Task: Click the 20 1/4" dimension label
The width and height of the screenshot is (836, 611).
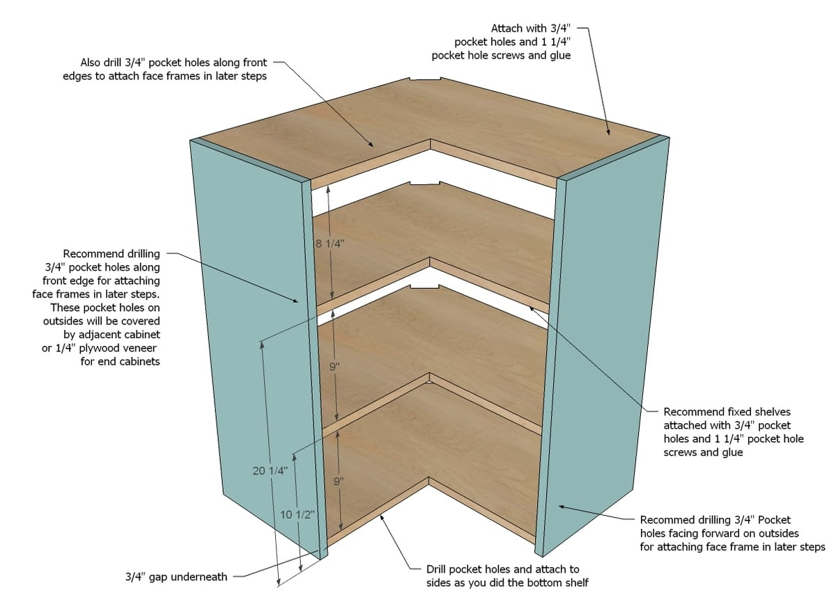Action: click(270, 471)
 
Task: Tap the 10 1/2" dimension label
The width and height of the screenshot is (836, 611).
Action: click(297, 515)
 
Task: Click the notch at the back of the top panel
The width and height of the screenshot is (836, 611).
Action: click(425, 79)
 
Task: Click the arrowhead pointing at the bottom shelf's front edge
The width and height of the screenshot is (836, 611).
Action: click(381, 518)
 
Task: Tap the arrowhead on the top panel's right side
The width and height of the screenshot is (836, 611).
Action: click(608, 132)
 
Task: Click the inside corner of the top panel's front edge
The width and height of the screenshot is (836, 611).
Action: click(431, 139)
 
